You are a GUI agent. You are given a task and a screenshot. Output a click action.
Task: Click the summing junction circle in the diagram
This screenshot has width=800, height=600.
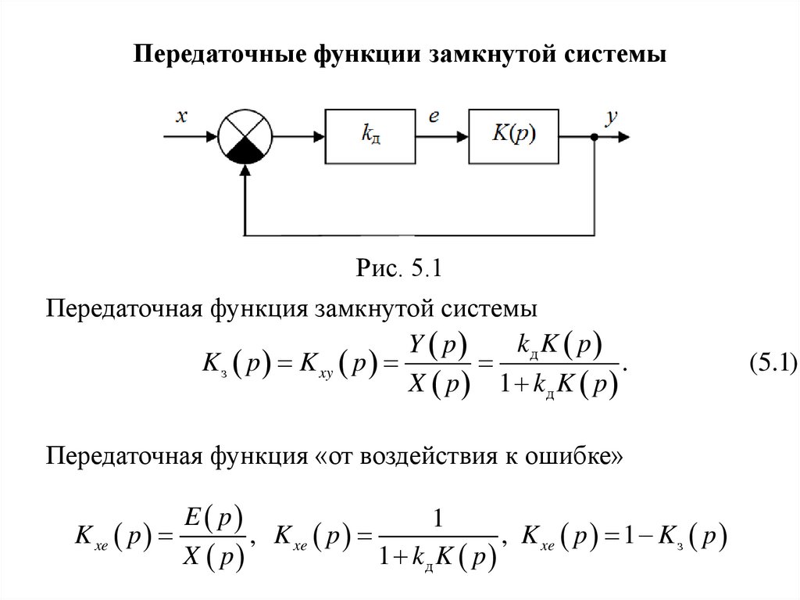click(x=245, y=135)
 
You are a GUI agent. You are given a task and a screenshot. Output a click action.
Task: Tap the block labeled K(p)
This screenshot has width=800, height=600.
click(x=514, y=135)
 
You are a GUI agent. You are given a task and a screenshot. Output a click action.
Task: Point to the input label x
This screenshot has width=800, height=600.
click(x=181, y=117)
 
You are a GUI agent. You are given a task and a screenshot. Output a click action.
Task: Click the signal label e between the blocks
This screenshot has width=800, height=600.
click(x=434, y=117)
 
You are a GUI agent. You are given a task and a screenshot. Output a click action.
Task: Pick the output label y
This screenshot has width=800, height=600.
click(x=612, y=117)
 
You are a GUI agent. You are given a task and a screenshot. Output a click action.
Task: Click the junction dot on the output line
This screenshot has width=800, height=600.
click(x=595, y=137)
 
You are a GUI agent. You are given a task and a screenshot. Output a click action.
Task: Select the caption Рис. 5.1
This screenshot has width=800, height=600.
click(x=400, y=269)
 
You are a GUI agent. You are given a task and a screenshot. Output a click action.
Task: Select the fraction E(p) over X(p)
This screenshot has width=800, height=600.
click(x=213, y=537)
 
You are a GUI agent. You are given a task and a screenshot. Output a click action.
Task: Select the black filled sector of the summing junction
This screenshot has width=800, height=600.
click(x=245, y=150)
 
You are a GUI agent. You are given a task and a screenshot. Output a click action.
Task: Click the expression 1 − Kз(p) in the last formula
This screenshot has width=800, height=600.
click(x=668, y=537)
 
